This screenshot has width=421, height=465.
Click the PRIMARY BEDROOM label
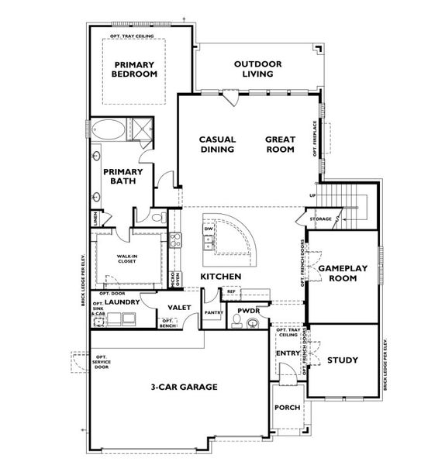(x=135, y=69)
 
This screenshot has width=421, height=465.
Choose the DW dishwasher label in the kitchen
(x=208, y=229)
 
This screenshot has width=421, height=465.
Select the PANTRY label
(x=214, y=312)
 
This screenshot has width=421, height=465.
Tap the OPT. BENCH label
(x=167, y=324)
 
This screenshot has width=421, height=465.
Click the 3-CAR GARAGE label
(x=184, y=386)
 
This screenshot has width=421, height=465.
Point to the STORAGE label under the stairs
(x=321, y=220)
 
